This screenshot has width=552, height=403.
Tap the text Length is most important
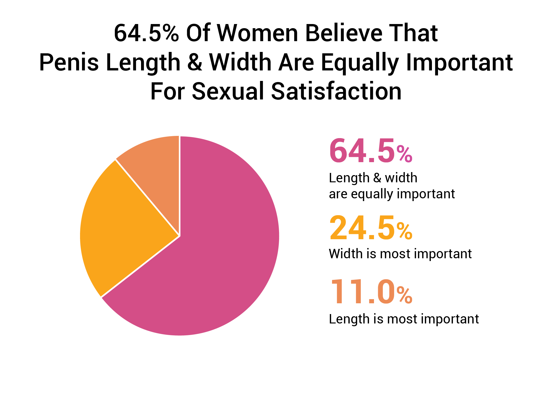[404, 319]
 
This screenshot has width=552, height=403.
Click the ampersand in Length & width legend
[377, 178]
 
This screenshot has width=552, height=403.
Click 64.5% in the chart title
[146, 33]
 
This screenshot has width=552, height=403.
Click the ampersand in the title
[195, 62]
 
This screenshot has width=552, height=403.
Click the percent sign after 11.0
[404, 295]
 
